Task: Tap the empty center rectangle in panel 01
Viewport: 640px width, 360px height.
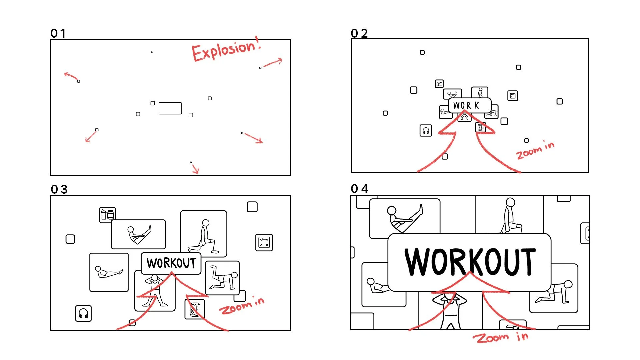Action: coord(170,108)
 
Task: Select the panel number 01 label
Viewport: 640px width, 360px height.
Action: coord(58,33)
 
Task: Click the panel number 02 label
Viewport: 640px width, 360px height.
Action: coord(359,33)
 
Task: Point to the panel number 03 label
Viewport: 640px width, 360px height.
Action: coord(59,189)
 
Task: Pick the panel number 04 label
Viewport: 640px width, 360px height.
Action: coord(359,189)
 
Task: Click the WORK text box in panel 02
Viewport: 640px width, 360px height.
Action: coord(469,105)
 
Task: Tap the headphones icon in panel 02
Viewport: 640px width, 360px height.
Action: coord(426,131)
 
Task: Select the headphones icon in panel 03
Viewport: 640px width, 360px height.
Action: coord(83,313)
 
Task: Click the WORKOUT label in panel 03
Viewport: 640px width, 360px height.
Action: coord(171,263)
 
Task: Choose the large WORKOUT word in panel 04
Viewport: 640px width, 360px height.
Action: coord(470,262)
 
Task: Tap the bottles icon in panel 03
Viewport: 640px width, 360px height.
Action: coord(108,215)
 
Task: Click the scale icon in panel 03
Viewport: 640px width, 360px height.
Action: coord(264,242)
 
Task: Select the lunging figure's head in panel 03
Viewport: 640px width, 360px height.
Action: coord(206,223)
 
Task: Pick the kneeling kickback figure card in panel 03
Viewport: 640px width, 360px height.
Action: coord(222,278)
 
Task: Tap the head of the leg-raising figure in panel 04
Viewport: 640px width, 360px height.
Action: coord(392,211)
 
